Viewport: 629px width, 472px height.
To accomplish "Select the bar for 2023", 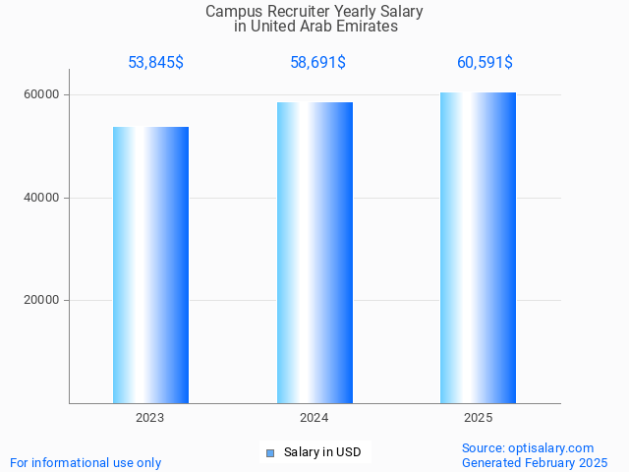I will (150, 265).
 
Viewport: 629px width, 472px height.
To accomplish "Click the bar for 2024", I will (314, 253).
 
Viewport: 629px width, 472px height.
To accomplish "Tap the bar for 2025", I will (478, 248).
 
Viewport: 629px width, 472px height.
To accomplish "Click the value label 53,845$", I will (155, 63).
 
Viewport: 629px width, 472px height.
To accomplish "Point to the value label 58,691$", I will (317, 63).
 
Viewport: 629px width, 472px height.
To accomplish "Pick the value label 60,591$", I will (485, 63).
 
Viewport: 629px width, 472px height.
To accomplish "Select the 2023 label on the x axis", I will (150, 418).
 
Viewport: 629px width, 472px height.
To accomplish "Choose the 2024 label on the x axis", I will (314, 418).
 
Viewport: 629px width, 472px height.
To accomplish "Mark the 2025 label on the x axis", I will (478, 418).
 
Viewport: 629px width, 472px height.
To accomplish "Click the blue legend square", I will (269, 453).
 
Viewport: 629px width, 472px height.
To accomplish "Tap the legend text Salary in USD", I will (322, 453).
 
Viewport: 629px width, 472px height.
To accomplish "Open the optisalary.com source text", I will (528, 448).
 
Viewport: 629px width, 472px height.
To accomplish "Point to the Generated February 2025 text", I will (535, 463).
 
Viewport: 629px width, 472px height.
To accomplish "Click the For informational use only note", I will (86, 463).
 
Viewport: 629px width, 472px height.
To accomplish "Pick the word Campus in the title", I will (229, 12).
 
